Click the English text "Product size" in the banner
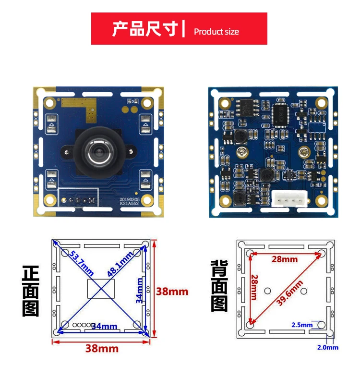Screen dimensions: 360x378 click(216, 32)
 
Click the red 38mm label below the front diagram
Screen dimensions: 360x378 click(102, 348)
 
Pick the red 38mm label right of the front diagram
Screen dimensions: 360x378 click(172, 291)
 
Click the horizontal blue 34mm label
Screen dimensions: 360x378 click(104, 327)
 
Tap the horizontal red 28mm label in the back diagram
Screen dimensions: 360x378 click(285, 259)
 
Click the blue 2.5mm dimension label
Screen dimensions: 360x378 click(302, 325)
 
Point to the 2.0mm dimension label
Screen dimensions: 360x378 click(327, 347)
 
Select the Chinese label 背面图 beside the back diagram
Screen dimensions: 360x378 click(220, 285)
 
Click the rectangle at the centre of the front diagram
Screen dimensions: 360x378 click(102, 289)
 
